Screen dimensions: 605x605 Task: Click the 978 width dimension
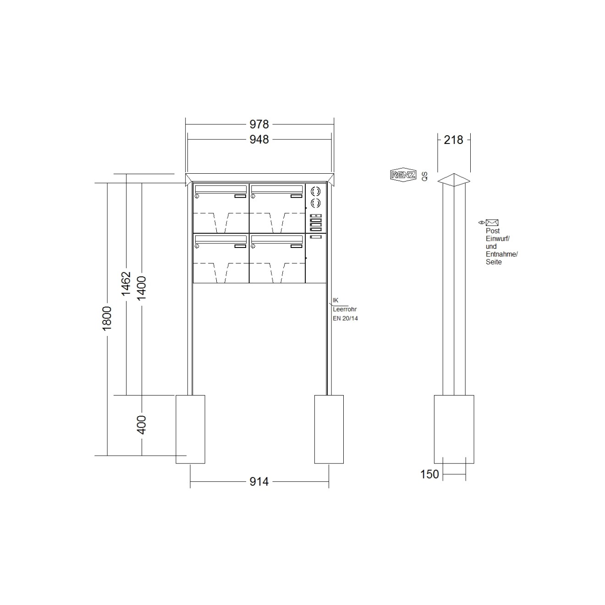(259, 124)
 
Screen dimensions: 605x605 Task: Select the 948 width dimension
(259, 139)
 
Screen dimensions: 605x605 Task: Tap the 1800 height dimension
(107, 319)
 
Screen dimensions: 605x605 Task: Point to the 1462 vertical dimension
(126, 284)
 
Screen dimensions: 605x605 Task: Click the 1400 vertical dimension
(142, 288)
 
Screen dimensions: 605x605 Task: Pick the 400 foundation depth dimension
(142, 425)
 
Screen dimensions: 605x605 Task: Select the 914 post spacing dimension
(259, 482)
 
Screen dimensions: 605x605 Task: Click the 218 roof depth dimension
(453, 140)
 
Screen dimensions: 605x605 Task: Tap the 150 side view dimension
(429, 474)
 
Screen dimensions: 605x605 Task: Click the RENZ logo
(403, 175)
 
